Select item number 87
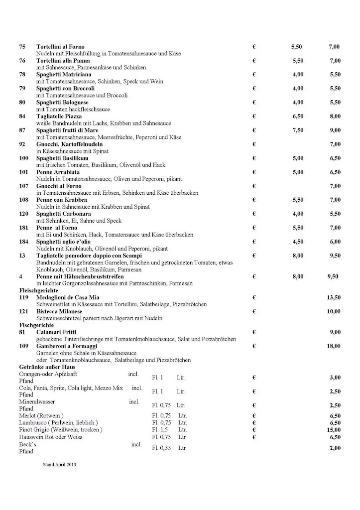(x=22, y=130)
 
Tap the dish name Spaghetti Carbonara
(x=63, y=214)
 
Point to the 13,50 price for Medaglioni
(x=333, y=297)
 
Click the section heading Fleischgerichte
(x=39, y=290)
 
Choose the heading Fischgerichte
(x=35, y=325)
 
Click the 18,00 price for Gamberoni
(x=333, y=346)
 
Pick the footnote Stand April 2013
(x=59, y=464)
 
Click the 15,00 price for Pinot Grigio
(x=333, y=430)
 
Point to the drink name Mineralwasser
(x=37, y=401)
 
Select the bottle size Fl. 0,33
(x=161, y=448)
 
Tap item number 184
(x=24, y=242)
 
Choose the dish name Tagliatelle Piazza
(x=59, y=117)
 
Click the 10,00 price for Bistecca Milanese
(x=333, y=312)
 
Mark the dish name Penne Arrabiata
(x=58, y=172)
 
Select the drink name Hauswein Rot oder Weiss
(x=51, y=437)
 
